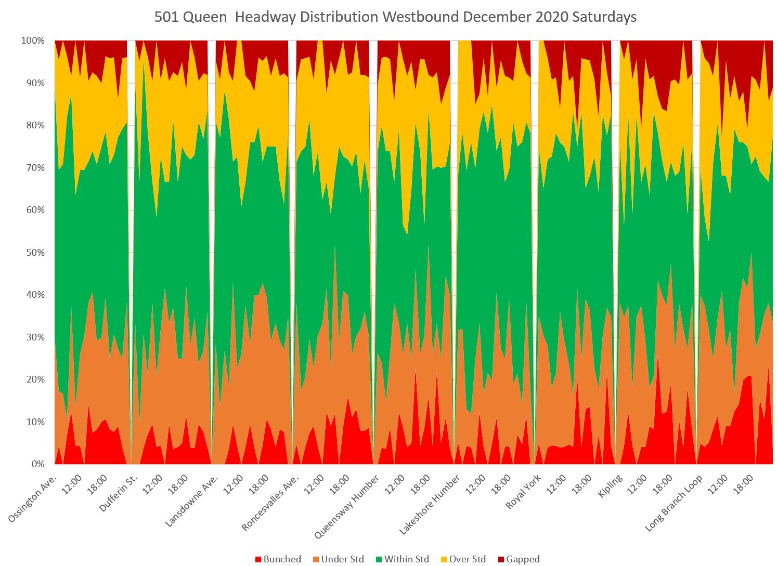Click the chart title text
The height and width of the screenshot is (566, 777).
[395, 17]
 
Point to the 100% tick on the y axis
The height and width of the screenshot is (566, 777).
[33, 41]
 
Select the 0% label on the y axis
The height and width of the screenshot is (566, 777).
[37, 464]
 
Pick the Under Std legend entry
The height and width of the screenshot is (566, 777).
[338, 559]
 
